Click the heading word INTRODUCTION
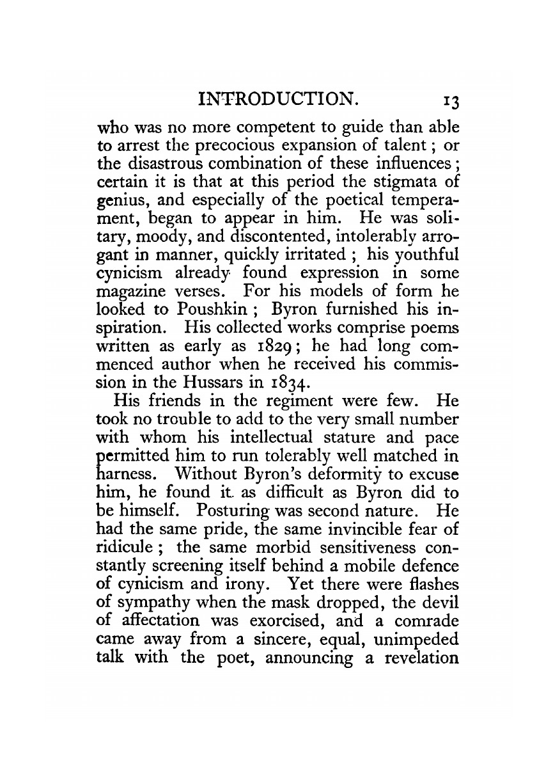coord(277,100)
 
